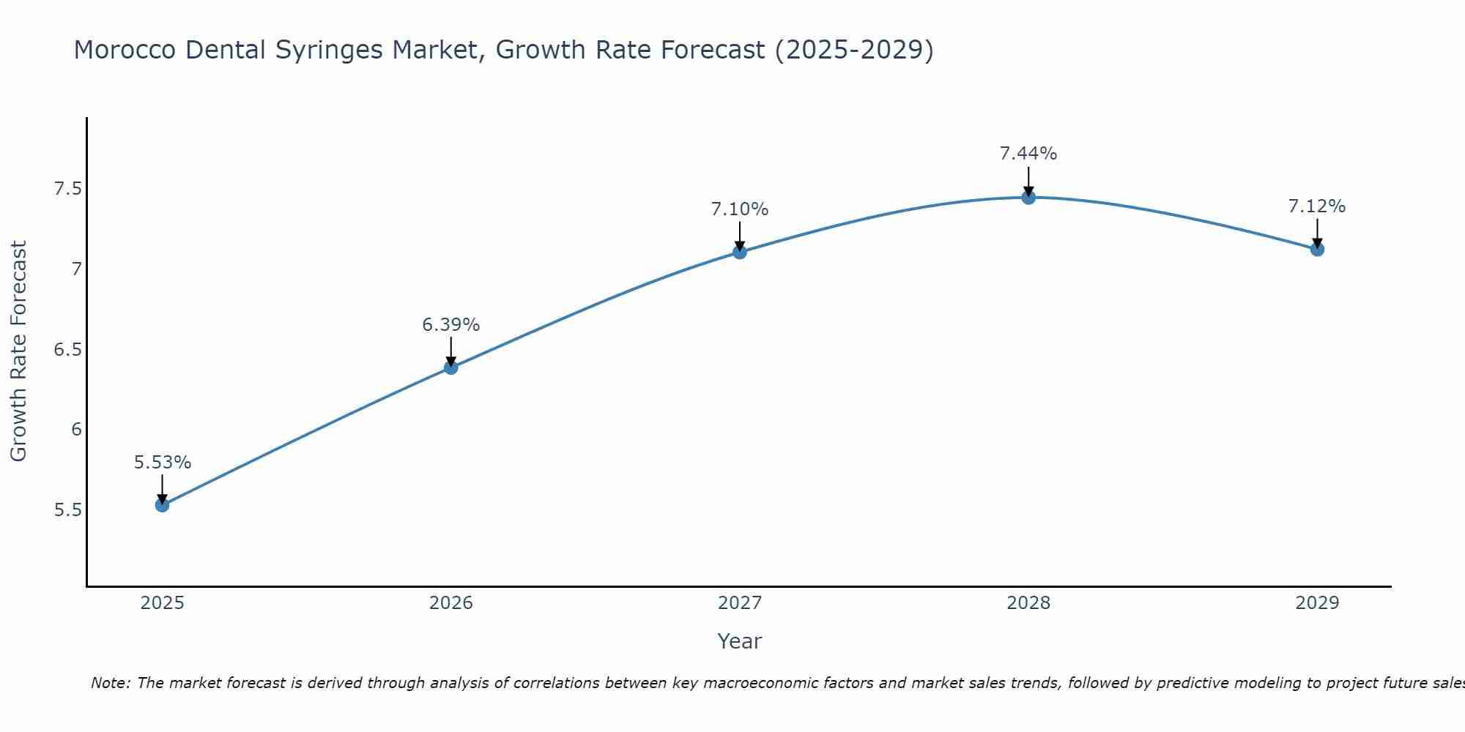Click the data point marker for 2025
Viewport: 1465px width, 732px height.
click(162, 505)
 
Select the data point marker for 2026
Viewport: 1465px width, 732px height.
click(451, 367)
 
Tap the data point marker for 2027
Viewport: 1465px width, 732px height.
click(740, 253)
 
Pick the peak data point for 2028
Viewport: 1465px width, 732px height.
click(1028, 198)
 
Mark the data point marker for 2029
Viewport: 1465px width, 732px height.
click(1317, 250)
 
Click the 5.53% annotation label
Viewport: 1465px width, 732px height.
click(162, 463)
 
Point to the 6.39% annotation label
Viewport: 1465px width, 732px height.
click(451, 325)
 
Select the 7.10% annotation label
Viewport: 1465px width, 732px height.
click(740, 209)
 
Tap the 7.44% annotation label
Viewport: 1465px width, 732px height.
click(1028, 154)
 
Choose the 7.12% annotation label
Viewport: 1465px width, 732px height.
click(1317, 206)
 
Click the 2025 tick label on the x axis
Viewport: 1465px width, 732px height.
click(162, 603)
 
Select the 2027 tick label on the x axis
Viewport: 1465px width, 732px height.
click(740, 603)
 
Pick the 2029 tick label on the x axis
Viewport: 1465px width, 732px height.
click(1317, 603)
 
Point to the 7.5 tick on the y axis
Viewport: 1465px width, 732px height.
click(67, 190)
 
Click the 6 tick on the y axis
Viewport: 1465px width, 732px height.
click(76, 430)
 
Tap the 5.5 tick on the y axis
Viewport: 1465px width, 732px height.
click(67, 510)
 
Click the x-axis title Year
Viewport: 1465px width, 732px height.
click(740, 641)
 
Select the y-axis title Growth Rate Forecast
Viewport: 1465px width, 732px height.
click(18, 351)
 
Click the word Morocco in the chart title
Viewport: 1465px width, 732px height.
click(125, 50)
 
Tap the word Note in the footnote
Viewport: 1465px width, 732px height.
click(110, 683)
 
